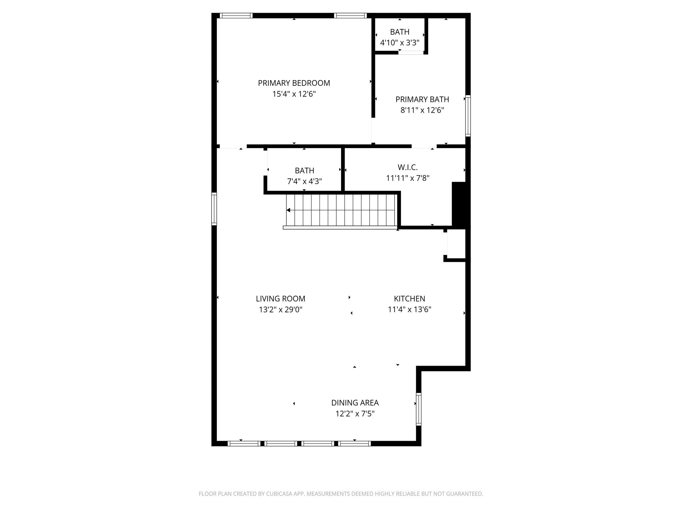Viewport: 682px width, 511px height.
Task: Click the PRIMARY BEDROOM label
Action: point(294,83)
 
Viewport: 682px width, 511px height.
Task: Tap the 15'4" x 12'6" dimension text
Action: point(294,94)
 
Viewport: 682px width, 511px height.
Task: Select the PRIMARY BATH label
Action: point(422,99)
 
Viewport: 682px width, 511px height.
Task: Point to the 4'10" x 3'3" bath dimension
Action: point(400,43)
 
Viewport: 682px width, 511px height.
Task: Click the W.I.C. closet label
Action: point(407,167)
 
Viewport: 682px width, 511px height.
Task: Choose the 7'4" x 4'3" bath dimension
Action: point(304,181)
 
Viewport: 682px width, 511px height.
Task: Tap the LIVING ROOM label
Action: point(280,299)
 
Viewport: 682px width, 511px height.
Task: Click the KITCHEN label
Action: point(409,299)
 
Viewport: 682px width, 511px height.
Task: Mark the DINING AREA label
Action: point(355,403)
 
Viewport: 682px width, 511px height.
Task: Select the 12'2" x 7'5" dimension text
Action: point(355,414)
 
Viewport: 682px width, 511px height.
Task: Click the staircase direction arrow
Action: point(288,210)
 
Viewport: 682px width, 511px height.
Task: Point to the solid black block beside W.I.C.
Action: point(460,205)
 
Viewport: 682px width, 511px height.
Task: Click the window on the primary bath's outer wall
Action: point(468,116)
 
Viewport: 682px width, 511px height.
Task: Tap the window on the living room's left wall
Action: point(214,209)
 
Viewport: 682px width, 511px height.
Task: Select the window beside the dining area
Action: point(419,409)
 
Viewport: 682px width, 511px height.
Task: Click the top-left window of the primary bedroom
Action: point(236,16)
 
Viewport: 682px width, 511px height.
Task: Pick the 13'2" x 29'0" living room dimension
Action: point(280,310)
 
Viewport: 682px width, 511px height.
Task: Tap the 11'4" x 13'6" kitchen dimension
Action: point(409,310)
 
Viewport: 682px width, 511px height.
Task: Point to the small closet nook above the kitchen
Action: point(456,244)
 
